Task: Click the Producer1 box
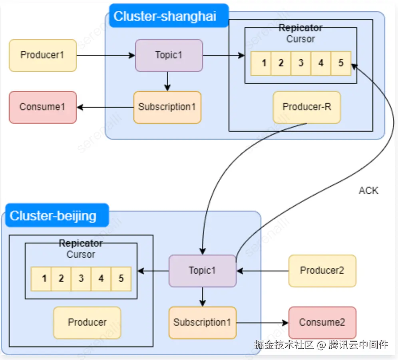(x=42, y=55)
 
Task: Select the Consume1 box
(x=42, y=107)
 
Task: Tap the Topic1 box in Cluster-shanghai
(x=169, y=55)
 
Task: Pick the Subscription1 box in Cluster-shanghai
(x=167, y=107)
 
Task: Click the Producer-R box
(x=306, y=107)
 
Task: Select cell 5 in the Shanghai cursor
(x=341, y=63)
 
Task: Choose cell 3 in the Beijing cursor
(x=81, y=279)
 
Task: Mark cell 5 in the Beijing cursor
(x=121, y=279)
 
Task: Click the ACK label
(x=368, y=190)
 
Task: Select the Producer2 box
(x=322, y=271)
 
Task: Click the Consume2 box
(x=322, y=322)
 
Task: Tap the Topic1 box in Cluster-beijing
(x=202, y=271)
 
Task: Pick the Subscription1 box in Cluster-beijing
(x=202, y=322)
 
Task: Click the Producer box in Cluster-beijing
(x=87, y=322)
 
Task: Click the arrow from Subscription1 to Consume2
(x=262, y=322)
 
